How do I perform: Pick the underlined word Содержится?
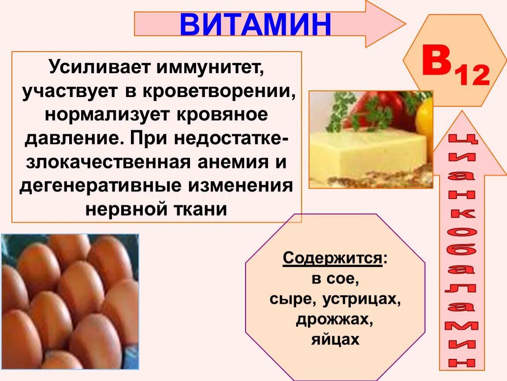[332, 258]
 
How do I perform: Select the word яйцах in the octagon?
[335, 340]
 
